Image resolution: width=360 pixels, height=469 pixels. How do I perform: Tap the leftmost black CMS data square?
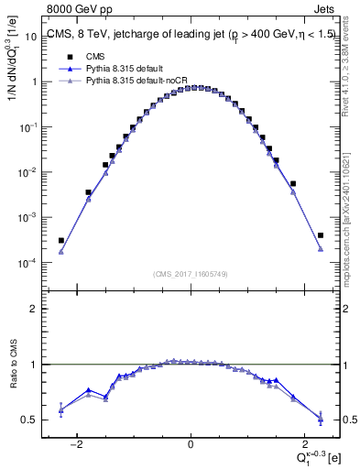61,241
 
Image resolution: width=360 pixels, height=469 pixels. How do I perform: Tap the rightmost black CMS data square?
321,235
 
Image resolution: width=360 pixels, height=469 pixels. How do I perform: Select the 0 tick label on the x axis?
191,445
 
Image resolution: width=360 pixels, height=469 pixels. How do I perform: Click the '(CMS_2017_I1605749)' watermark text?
191,274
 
